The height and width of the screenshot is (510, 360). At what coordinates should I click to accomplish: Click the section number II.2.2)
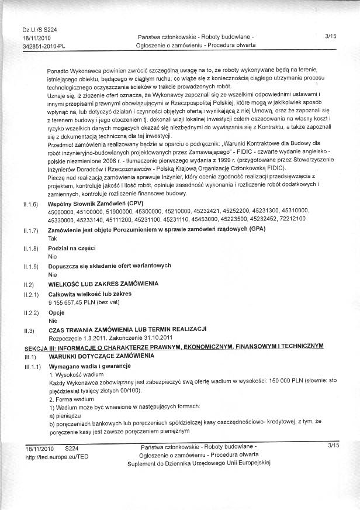click(30, 313)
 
